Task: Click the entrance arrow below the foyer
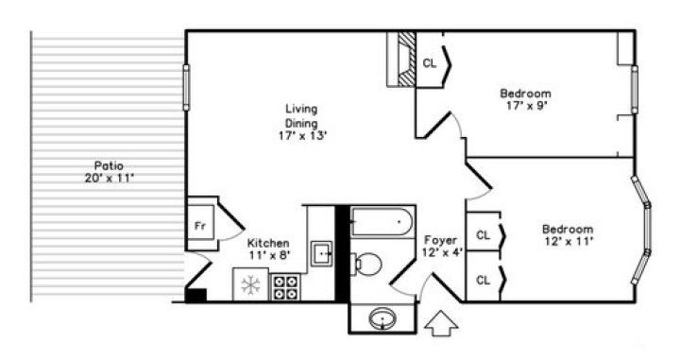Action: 441,323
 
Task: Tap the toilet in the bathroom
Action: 367,265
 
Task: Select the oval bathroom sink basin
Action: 382,319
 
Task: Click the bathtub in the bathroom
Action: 382,222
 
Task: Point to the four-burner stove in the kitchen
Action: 285,286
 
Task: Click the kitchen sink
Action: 322,254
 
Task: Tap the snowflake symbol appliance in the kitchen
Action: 250,284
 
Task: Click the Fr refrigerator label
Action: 199,226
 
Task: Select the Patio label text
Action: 109,165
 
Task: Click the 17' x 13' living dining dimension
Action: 302,136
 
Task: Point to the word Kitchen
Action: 268,243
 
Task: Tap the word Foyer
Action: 441,240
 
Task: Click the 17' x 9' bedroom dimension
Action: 526,106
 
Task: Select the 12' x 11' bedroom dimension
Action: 569,241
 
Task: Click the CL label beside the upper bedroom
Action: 430,63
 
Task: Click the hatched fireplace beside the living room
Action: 406,59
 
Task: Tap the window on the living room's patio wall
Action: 186,87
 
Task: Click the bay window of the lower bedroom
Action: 642,230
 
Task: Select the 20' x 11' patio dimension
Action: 109,178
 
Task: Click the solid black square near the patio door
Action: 195,295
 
